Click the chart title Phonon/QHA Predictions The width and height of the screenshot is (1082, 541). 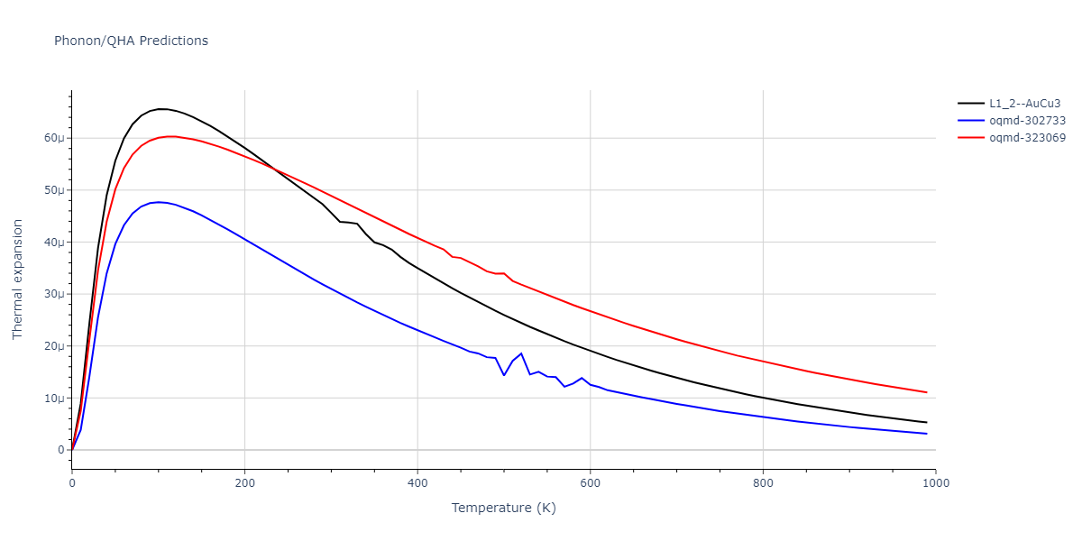pyautogui.click(x=131, y=41)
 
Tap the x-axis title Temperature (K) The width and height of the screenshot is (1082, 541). pyautogui.click(x=503, y=509)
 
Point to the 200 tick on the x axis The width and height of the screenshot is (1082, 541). pyautogui.click(x=244, y=483)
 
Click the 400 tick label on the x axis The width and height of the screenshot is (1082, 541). pyautogui.click(x=417, y=483)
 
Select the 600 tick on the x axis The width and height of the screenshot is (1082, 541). pyautogui.click(x=590, y=483)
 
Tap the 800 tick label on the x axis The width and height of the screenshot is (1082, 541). pyautogui.click(x=763, y=483)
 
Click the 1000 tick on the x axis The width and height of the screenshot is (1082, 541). pyautogui.click(x=935, y=483)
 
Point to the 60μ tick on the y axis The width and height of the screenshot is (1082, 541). pyautogui.click(x=53, y=138)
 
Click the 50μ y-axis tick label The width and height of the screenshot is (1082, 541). pyautogui.click(x=53, y=190)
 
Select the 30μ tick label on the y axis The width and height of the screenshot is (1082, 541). pyautogui.click(x=53, y=294)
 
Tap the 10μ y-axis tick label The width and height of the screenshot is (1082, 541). pyautogui.click(x=53, y=399)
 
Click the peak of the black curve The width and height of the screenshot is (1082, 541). pyautogui.click(x=160, y=109)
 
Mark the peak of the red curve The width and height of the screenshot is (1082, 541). pyautogui.click(x=171, y=136)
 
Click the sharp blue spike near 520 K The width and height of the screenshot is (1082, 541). pyautogui.click(x=521, y=353)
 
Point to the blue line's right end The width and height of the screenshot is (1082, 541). pyautogui.click(x=926, y=434)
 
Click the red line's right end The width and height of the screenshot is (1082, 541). pyautogui.click(x=926, y=392)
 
